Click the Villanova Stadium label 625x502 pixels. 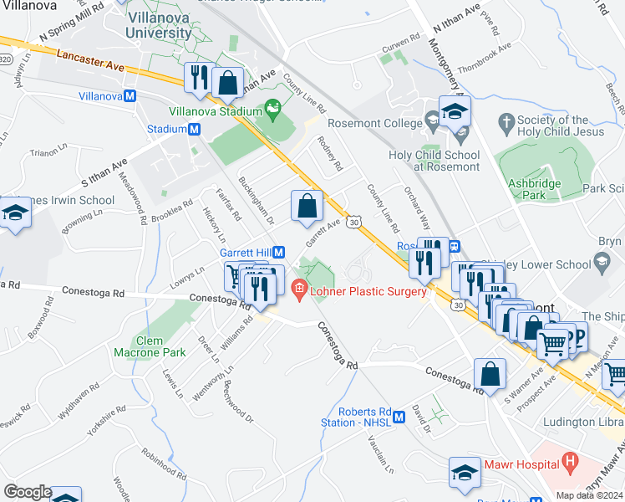[216, 110]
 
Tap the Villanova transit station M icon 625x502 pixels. [130, 96]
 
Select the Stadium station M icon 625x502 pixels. [194, 130]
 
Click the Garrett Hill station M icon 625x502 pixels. [280, 252]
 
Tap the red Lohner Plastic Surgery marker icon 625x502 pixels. [299, 291]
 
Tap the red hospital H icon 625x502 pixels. [571, 459]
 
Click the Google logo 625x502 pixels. [28, 492]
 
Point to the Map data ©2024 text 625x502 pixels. [589, 495]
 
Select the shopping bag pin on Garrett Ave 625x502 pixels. [307, 206]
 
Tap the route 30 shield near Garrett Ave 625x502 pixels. [354, 222]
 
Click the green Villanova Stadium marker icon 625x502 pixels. [272, 106]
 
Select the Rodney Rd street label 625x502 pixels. [329, 155]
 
